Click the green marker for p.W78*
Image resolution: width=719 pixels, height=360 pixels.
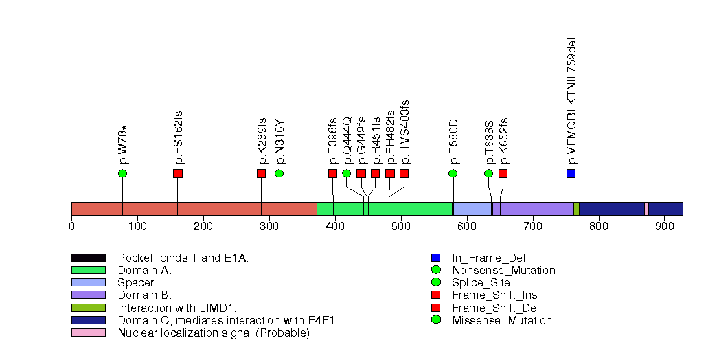tap(122, 173)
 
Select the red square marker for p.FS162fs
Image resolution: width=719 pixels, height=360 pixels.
tap(178, 173)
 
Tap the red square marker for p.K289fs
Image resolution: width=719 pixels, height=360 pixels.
tap(261, 173)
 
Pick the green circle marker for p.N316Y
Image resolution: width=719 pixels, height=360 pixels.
tap(279, 173)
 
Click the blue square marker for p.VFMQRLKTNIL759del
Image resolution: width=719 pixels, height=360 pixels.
tap(571, 173)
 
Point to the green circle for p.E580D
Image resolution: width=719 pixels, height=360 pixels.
tap(453, 173)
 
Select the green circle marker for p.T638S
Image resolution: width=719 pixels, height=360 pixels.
tap(489, 173)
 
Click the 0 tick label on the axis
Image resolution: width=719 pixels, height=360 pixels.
tap(71, 225)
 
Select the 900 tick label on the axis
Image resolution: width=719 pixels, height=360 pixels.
tap(664, 225)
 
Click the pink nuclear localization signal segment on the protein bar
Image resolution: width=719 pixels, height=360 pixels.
tap(646, 209)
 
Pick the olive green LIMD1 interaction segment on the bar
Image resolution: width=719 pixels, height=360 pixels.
tap(576, 209)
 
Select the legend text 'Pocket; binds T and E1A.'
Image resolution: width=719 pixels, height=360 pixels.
tap(183, 258)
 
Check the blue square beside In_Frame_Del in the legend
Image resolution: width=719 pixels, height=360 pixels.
tap(435, 258)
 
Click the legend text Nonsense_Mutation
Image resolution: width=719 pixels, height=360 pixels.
tap(503, 271)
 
